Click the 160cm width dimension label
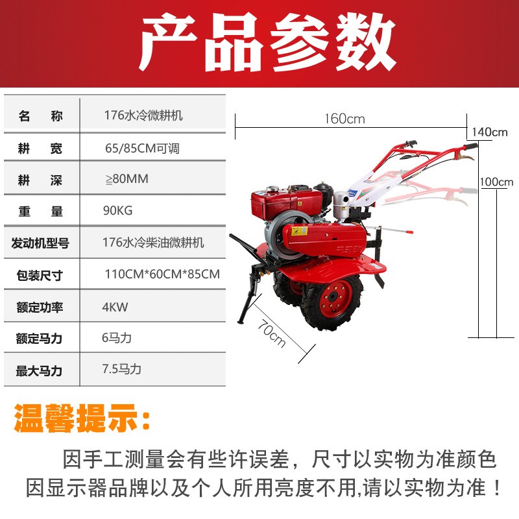click(x=344, y=119)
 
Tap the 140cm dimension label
click(x=490, y=132)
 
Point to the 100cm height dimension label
click(x=496, y=182)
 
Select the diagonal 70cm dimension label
click(x=271, y=333)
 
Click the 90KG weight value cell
click(x=118, y=210)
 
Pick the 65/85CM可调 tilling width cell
click(x=142, y=149)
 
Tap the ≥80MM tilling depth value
click(x=127, y=179)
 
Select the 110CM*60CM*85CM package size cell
click(x=162, y=274)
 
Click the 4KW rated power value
click(x=115, y=307)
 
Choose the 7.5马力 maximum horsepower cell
click(x=121, y=368)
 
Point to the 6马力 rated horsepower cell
click(x=117, y=337)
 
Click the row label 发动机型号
click(x=40, y=243)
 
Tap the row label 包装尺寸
click(x=40, y=275)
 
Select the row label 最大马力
click(x=39, y=370)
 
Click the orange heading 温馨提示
click(x=81, y=418)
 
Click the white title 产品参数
click(x=267, y=42)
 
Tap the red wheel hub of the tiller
click(x=335, y=299)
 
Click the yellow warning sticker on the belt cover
click(x=299, y=231)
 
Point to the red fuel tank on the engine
click(x=287, y=202)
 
